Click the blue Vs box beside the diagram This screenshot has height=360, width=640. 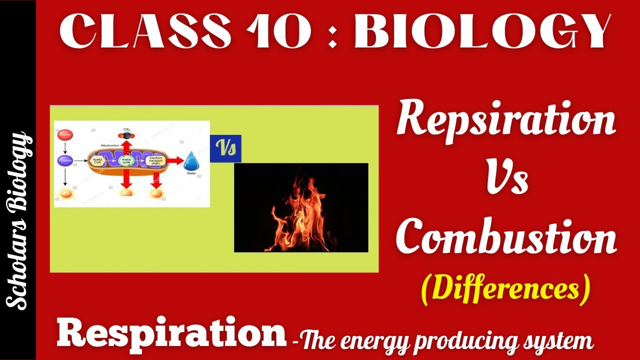point(225,148)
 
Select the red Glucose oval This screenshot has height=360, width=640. point(65,134)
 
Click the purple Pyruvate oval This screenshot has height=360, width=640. point(65,161)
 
